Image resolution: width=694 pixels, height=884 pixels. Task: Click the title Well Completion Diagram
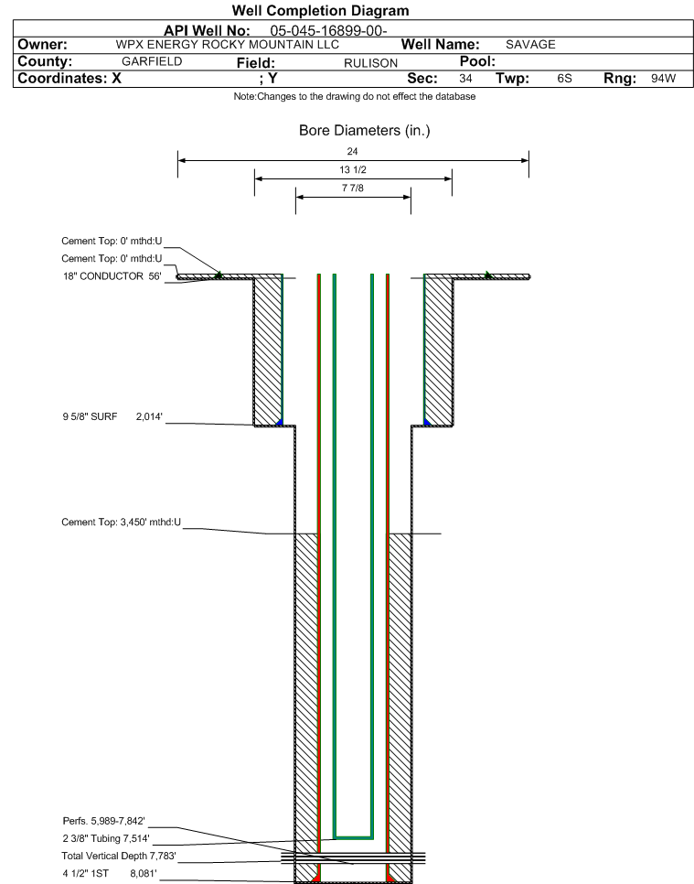[x=320, y=10]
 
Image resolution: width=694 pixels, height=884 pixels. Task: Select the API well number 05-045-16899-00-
[x=328, y=30]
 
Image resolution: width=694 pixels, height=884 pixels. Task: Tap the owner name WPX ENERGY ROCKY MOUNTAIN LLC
[x=228, y=45]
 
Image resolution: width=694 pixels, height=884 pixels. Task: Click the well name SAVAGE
[x=530, y=45]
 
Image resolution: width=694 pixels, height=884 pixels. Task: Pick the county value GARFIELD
[x=152, y=61]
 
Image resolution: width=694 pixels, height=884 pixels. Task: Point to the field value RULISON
[x=370, y=63]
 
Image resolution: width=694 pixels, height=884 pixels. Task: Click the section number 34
[x=465, y=79]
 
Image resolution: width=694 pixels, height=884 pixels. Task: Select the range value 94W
[x=663, y=79]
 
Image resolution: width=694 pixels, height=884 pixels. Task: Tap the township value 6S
[x=564, y=79]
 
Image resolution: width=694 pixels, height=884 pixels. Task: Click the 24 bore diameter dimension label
[x=352, y=151]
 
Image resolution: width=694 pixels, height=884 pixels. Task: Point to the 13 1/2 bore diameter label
[x=353, y=169]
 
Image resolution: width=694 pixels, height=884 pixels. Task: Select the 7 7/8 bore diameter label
[x=353, y=189]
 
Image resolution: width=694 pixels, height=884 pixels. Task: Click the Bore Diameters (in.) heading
[x=365, y=131]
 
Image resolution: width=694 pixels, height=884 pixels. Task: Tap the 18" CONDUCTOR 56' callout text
[x=112, y=276]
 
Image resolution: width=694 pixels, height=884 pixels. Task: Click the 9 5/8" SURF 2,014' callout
[x=112, y=416]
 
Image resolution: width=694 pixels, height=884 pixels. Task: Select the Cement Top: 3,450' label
[x=121, y=522]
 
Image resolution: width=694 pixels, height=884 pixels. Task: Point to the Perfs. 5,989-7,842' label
[x=103, y=821]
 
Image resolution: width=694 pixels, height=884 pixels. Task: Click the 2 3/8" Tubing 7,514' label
[x=106, y=838]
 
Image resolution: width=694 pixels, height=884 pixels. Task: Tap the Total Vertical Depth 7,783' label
[x=119, y=856]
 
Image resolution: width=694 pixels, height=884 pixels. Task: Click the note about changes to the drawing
[x=355, y=96]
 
